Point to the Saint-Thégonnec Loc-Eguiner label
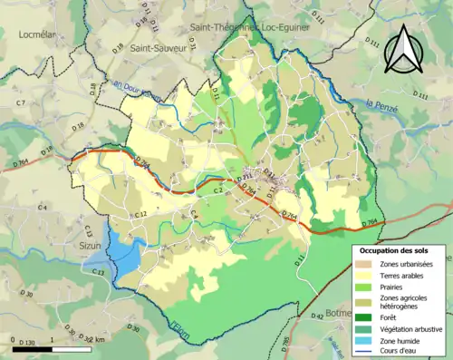[249, 28]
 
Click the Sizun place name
[86, 245]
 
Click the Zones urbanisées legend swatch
[366, 263]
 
